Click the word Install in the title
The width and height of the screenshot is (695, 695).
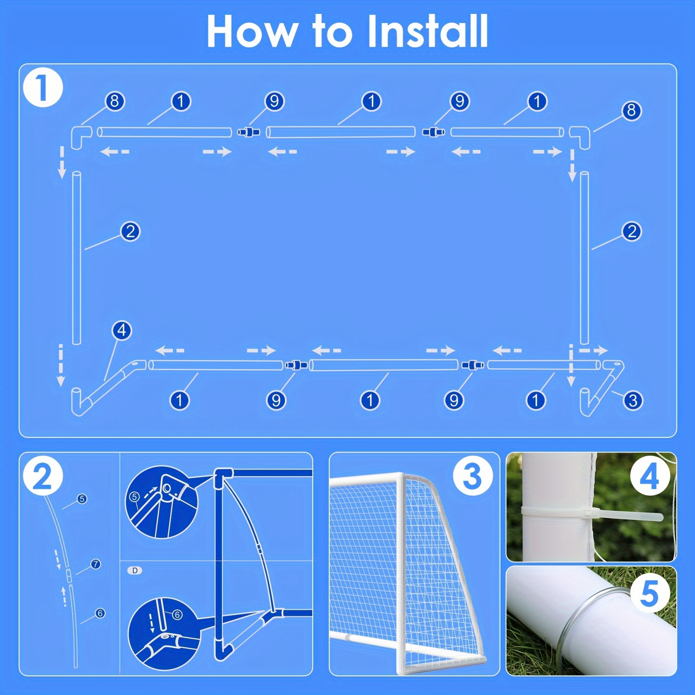click(428, 31)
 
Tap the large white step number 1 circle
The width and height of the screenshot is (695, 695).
click(43, 88)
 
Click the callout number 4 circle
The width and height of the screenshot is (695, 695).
click(122, 331)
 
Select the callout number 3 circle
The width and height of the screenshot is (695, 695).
click(632, 400)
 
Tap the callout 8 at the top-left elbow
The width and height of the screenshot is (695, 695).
click(115, 101)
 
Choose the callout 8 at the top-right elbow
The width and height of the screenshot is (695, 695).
click(632, 110)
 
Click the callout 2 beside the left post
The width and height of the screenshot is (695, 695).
click(130, 231)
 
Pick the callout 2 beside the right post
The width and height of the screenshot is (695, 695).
click(632, 231)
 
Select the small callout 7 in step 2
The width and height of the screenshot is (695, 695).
click(96, 564)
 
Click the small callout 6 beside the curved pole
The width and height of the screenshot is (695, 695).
click(100, 613)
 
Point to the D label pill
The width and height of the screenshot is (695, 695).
click(135, 570)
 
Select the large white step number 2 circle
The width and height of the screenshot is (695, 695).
click(43, 477)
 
